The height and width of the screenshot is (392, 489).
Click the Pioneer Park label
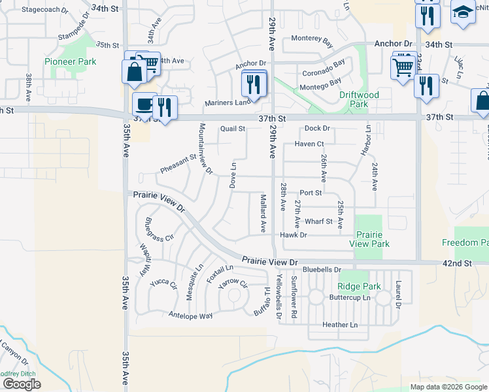[x=71, y=61]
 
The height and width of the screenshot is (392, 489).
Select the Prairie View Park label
[x=369, y=239]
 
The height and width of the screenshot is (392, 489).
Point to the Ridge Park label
[x=359, y=286]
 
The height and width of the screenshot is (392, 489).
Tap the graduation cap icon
[x=464, y=12]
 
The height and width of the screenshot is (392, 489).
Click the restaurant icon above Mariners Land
[x=252, y=83]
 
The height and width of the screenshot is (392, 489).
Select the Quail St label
[x=232, y=129]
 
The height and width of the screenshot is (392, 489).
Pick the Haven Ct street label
[x=309, y=144]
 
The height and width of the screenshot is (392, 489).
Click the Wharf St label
[x=319, y=221]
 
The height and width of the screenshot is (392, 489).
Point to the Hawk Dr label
[x=294, y=235]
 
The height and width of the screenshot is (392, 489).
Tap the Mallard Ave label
[x=263, y=213]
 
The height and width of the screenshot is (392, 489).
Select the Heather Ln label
[x=340, y=325]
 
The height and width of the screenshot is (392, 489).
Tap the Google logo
[x=21, y=384]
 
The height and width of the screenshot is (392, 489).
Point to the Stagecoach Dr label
[x=45, y=10]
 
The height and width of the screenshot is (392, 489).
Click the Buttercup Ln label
[x=350, y=297]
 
